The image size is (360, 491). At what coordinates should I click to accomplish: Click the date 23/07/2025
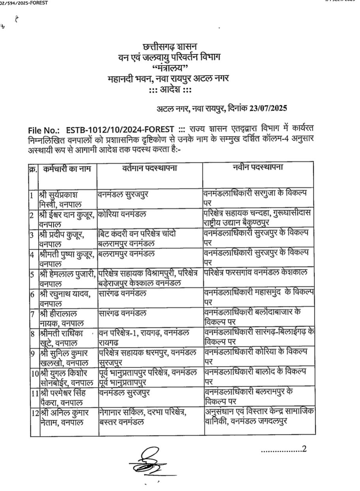[x=267, y=107]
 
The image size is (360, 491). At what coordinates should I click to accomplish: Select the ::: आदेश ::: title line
[x=170, y=89]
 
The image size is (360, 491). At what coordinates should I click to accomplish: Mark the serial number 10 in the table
[x=34, y=372]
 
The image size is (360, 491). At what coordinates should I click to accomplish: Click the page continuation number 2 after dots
[x=304, y=448]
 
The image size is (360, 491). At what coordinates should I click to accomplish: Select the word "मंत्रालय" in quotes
[x=170, y=68]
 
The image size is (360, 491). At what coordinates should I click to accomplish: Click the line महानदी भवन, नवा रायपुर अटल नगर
[x=168, y=79]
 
